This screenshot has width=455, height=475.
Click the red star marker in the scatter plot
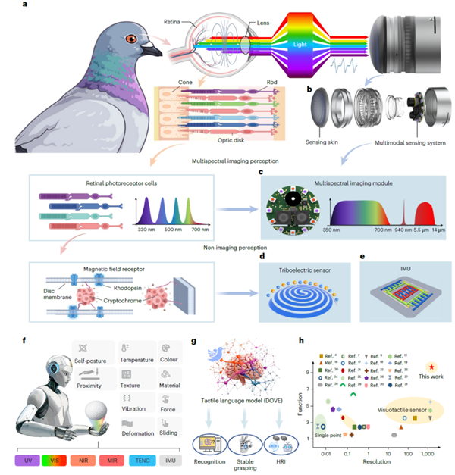pyautogui.click(x=431, y=366)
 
